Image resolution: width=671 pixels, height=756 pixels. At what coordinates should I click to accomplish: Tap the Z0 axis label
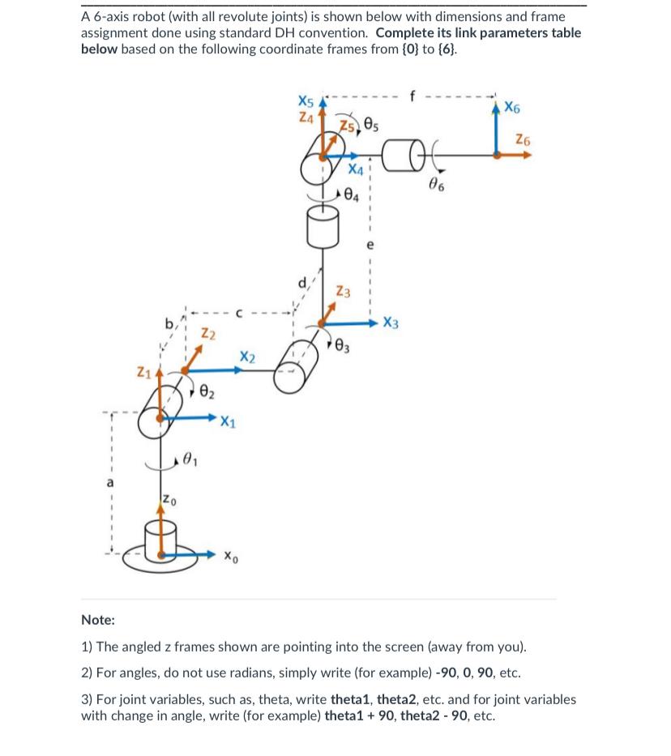point(166,497)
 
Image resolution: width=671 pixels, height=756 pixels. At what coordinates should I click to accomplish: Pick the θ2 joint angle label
point(207,393)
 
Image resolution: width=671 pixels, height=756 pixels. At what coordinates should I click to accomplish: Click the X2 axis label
point(248,357)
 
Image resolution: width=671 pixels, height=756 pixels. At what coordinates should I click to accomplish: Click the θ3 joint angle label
point(342,348)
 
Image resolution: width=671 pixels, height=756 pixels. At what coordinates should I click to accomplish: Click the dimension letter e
point(370,242)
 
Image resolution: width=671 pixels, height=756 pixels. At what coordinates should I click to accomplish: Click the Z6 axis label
point(524,140)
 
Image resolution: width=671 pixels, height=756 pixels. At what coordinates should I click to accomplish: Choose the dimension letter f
point(413,95)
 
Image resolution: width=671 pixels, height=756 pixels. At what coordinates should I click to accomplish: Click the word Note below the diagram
point(98,620)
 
